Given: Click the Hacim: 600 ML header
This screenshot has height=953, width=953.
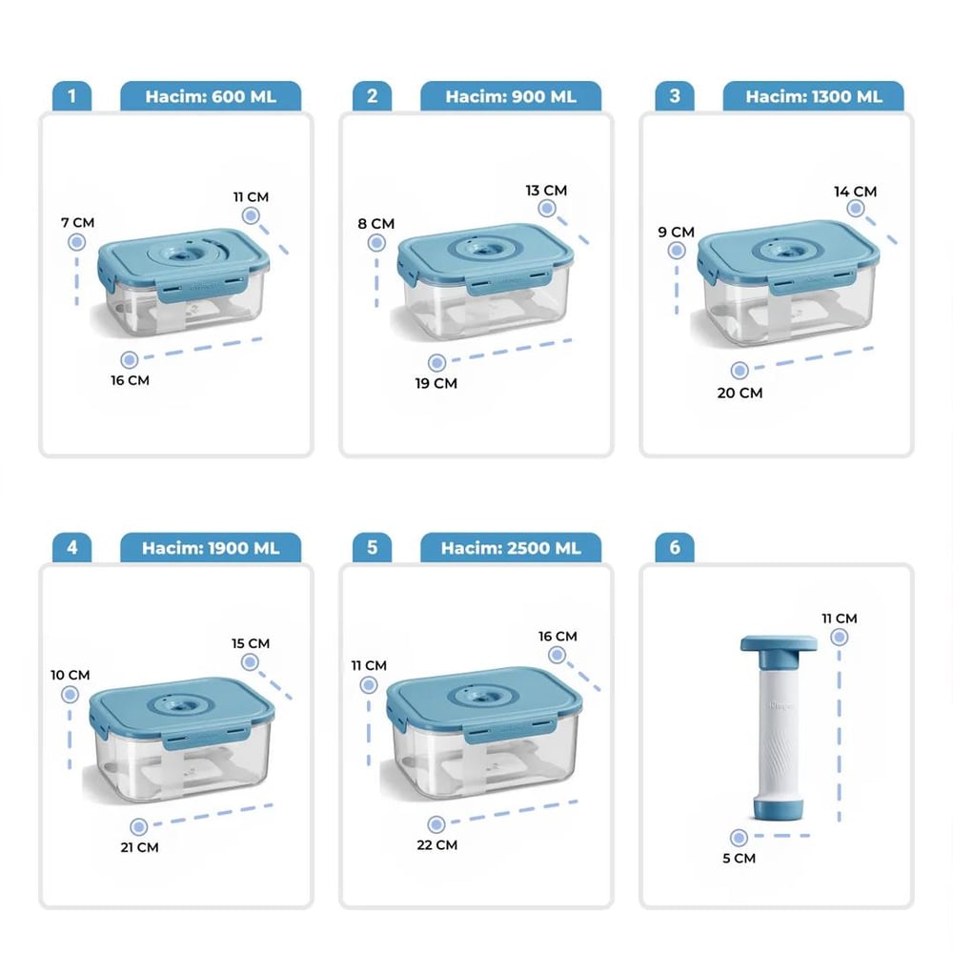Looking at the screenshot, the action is coord(211,96).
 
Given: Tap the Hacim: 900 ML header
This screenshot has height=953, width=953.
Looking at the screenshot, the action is coord(511,96).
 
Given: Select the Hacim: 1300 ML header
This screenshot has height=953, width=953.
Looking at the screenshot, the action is coord(813,96).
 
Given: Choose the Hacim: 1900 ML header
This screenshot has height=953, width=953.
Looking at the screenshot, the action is coord(211,548).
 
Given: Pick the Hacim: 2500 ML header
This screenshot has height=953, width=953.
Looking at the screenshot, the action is coord(511,548).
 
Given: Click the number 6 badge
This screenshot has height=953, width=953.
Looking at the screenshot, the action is coord(675,548).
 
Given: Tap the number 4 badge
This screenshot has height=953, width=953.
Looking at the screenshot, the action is coord(71,548).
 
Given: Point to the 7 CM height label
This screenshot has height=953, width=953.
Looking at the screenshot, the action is coord(78,222).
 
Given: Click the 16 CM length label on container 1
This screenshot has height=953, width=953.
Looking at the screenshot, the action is coord(130,380).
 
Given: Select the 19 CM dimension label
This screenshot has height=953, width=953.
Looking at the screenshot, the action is coord(436,383).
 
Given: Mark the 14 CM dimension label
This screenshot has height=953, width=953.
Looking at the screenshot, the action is coord(855,192).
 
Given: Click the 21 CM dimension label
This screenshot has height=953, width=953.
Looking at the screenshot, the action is coord(139,847).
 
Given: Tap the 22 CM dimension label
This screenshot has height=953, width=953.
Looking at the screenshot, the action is coord(437,844).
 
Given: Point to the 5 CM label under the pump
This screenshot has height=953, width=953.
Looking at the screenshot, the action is coord(740,859).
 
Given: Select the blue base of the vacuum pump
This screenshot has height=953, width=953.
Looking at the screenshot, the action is coord(779,806).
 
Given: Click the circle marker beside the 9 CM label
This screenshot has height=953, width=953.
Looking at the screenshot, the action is coord(677,251).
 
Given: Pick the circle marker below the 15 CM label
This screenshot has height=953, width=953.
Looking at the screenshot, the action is coord(250,662).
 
